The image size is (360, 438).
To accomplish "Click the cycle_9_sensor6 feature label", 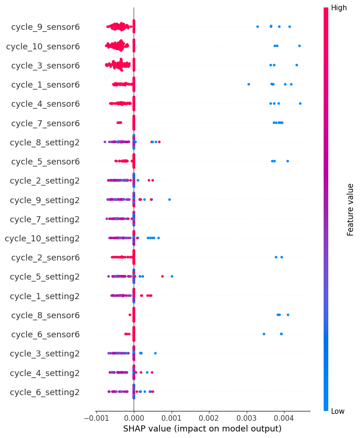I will pos(45,27).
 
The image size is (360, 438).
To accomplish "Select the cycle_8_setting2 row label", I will pos(45,142).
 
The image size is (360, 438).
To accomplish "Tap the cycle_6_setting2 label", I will pos(45,392).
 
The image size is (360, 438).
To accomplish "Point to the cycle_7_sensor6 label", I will pos(45,123).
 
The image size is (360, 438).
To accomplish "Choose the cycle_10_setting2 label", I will pos(42,238).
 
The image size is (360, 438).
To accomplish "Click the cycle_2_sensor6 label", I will pos(45,257).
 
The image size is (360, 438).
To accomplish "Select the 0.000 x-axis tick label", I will pos(134,418).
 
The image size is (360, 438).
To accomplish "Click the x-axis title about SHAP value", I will pos(202,429).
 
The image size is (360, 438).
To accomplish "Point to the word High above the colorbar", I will pos(339,8).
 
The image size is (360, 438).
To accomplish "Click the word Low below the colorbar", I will pos(338,411).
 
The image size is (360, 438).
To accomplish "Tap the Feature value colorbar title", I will pos(351,209).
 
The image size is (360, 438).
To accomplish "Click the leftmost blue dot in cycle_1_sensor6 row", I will pos(249,84).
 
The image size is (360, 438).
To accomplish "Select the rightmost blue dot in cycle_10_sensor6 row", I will pos(299,46).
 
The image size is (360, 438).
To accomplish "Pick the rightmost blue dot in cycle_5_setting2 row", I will pos(172,276).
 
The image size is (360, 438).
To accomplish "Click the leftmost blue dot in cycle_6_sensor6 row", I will pos(264,334).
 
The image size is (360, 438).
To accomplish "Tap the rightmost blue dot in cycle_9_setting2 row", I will pos(169,199).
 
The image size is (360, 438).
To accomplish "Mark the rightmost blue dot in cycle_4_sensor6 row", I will pos(300,103).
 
